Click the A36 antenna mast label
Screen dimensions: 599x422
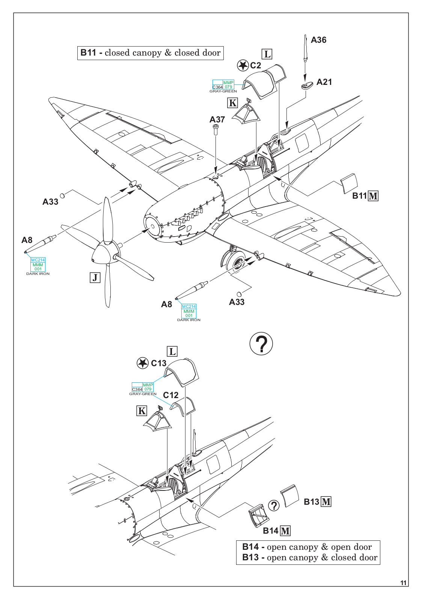pos(318,40)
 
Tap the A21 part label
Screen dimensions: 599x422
pos(324,82)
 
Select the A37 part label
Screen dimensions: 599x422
pos(217,119)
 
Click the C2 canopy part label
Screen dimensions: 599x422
pos(255,65)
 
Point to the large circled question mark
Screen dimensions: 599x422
pos(261,344)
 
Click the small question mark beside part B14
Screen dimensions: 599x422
pos(274,505)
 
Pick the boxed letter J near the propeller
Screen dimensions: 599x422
pos(95,278)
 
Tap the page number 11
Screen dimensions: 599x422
pos(403,583)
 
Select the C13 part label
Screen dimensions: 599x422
pos(158,363)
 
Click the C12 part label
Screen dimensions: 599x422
pos(171,395)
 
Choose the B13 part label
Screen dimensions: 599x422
pos(311,502)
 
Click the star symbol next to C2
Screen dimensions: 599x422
pos(243,65)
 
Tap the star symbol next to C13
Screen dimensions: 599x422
pos(142,363)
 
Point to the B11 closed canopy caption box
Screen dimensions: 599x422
pos(150,53)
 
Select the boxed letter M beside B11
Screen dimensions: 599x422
pos(373,196)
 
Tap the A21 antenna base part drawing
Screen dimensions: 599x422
pos(307,86)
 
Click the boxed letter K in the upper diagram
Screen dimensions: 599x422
pos(233,103)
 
